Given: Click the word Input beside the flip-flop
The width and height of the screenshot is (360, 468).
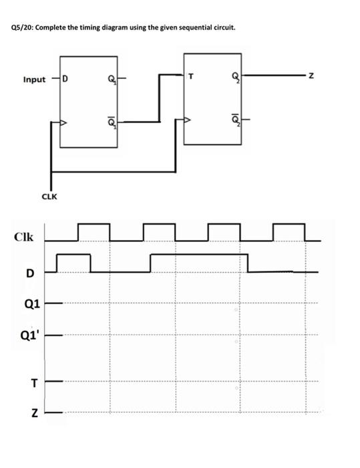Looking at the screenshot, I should [34, 80].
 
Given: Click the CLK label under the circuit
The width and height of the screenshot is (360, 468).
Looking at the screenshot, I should [49, 197].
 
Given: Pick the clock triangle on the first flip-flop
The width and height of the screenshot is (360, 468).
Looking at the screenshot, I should [63, 123].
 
